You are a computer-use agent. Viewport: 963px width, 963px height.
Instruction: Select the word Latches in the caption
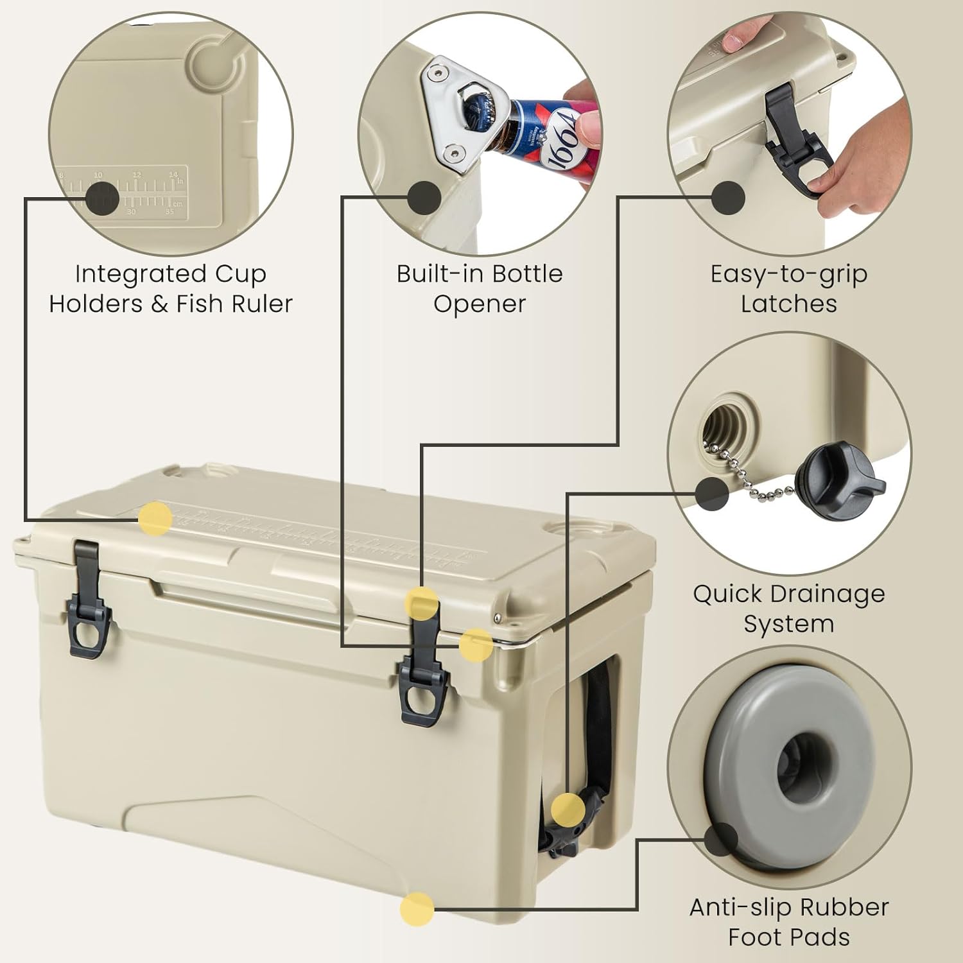(788, 304)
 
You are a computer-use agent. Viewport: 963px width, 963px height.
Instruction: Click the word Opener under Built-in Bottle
(479, 304)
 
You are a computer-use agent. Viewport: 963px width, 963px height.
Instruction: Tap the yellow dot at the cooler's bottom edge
(417, 908)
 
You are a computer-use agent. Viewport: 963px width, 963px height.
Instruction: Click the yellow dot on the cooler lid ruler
(155, 519)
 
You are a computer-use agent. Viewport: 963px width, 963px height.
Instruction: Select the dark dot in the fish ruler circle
(102, 198)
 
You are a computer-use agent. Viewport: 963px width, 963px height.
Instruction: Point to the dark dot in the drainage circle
(713, 493)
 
